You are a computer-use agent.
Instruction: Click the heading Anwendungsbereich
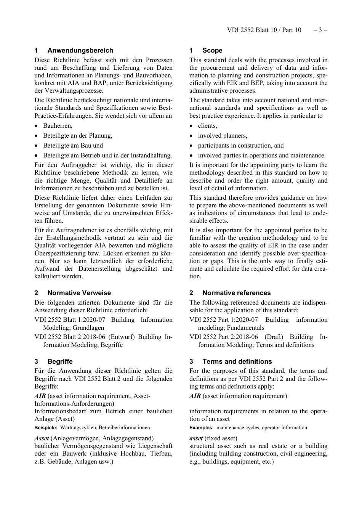80,50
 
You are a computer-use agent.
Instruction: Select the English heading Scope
212,50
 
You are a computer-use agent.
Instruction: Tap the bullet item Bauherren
58,126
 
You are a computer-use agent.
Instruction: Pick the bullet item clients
207,126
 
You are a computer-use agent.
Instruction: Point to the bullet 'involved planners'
223,136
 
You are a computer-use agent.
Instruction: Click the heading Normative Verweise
79,293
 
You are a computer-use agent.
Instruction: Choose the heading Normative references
237,293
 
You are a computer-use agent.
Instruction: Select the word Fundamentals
245,327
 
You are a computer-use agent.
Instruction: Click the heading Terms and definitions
237,361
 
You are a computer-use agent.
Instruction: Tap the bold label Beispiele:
46,428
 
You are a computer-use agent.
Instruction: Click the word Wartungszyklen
78,428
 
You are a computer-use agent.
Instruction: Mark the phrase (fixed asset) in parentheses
221,438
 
